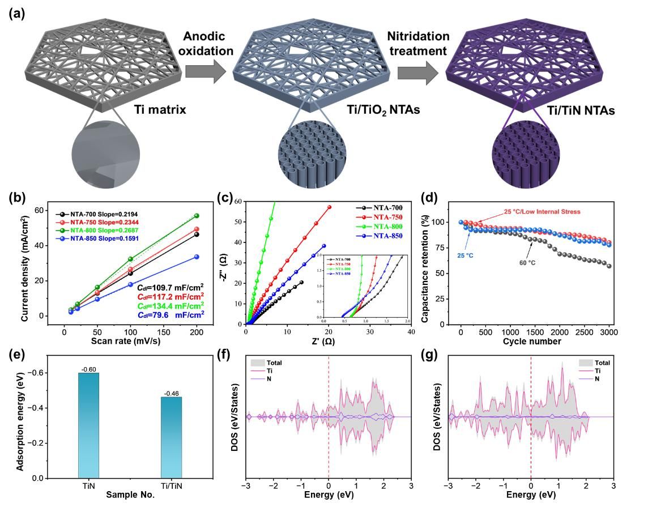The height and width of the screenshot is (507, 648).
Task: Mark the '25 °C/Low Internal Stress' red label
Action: tap(543, 212)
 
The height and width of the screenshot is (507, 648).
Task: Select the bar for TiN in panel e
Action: tap(89, 425)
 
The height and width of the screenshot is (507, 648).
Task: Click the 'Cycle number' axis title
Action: tap(534, 342)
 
